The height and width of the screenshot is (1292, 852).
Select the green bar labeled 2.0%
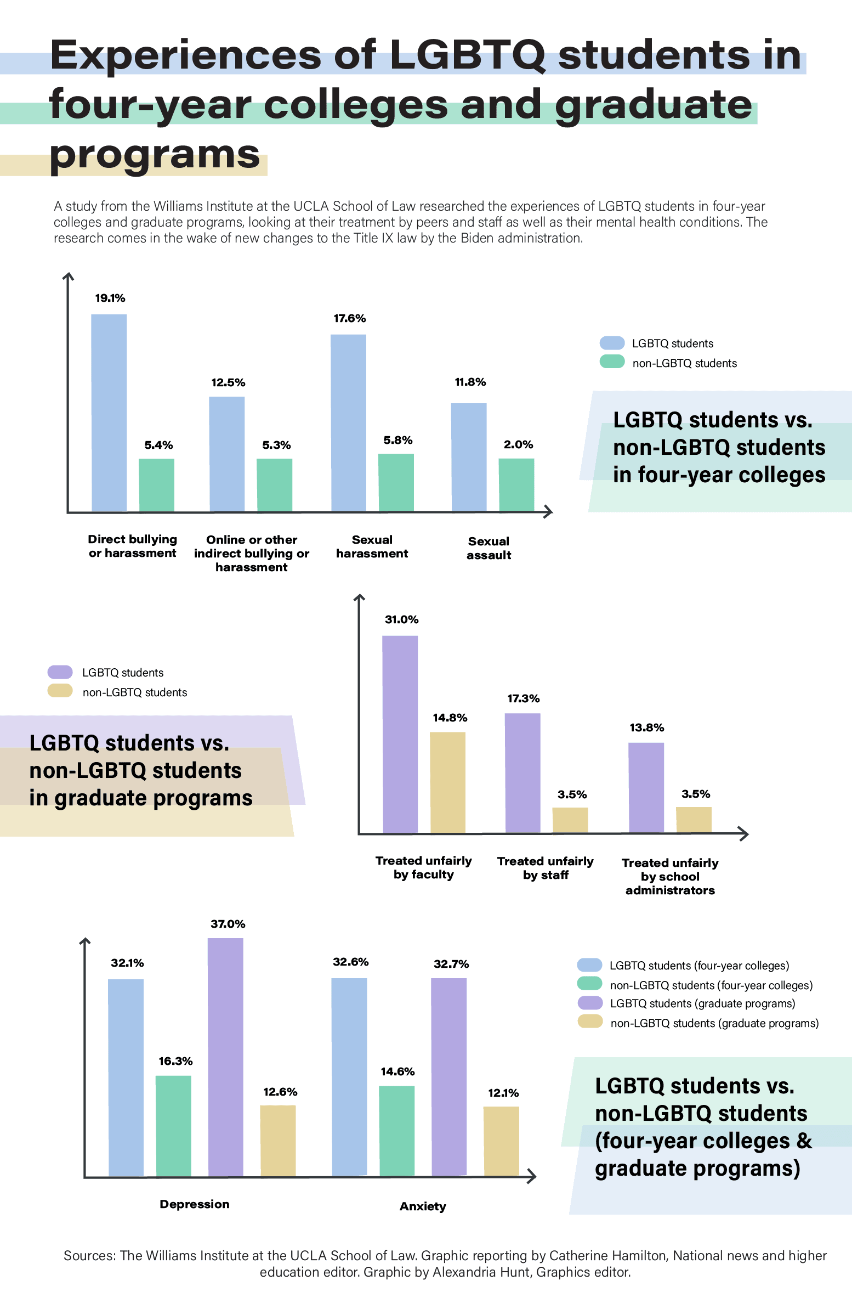tap(516, 485)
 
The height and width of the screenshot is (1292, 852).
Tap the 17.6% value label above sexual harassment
tap(350, 319)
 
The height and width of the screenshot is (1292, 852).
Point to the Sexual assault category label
tap(489, 548)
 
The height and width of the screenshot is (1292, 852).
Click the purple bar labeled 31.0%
tap(400, 734)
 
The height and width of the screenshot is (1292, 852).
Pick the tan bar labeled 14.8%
tap(448, 782)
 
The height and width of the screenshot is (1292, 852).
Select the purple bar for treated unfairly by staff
tap(522, 773)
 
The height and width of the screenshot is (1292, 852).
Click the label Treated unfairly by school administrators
tap(670, 876)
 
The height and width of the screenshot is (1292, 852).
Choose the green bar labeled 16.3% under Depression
tap(173, 1126)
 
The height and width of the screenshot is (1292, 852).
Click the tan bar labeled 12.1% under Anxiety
tap(501, 1141)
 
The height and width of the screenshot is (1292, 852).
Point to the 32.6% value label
tap(351, 962)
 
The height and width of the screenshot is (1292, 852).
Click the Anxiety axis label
tap(423, 1206)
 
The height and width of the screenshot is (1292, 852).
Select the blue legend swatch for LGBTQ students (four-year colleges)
tap(589, 965)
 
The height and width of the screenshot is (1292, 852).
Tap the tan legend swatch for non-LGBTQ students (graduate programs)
tap(590, 1022)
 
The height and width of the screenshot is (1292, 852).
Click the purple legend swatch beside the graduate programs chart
tap(60, 672)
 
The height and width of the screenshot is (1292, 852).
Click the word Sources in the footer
tap(89, 1256)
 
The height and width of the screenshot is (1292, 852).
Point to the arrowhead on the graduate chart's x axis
tap(743, 834)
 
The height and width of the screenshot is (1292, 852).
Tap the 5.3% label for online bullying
tap(276, 445)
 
